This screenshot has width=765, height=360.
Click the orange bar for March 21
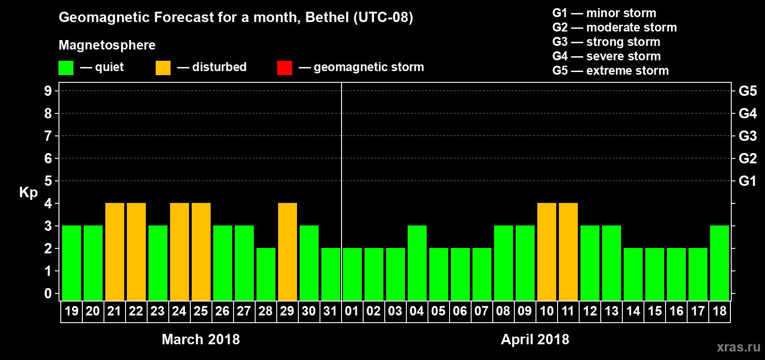[x=115, y=252]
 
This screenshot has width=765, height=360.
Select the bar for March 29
[x=288, y=252]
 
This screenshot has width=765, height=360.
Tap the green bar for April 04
[x=417, y=263]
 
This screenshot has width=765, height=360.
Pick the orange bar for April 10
[x=547, y=252]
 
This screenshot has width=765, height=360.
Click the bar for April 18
[x=720, y=263]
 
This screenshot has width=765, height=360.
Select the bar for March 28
[x=266, y=274]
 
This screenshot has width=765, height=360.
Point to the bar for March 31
[x=331, y=274]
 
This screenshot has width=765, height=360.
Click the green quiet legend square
[x=66, y=68]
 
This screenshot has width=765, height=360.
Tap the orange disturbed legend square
[x=163, y=68]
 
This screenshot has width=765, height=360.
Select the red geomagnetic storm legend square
[x=285, y=68]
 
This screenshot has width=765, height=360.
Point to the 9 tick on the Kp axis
[x=48, y=91]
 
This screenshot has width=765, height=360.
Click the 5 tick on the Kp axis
[x=48, y=181]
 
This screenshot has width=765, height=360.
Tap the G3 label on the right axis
[x=747, y=136]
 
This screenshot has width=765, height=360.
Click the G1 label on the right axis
[x=747, y=181]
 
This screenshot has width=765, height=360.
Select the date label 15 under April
[x=655, y=311]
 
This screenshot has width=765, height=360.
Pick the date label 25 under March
[x=201, y=311]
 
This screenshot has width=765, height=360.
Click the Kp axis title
[x=28, y=193]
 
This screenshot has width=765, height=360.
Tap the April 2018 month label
[x=535, y=339]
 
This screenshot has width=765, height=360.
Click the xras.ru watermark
[x=738, y=347]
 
